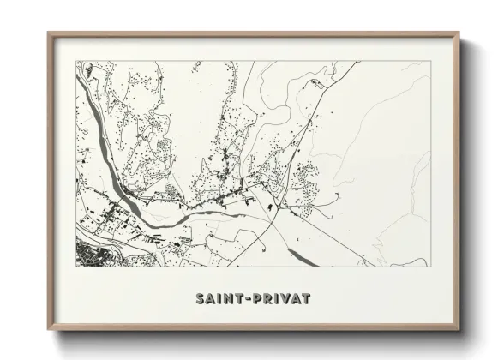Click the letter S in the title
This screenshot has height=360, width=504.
click(201, 299)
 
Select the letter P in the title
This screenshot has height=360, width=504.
click(256, 299)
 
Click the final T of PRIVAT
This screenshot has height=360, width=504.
click(304, 299)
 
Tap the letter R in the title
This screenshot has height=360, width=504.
click(267, 299)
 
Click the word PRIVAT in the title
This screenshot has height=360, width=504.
click(280, 299)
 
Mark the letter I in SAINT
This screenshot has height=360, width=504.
click(219, 299)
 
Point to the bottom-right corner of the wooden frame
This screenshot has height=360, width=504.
click(459, 328)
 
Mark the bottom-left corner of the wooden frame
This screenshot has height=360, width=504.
click(49, 328)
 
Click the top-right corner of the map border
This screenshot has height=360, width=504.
click(430, 62)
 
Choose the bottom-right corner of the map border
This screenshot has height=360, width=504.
click(430, 267)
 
